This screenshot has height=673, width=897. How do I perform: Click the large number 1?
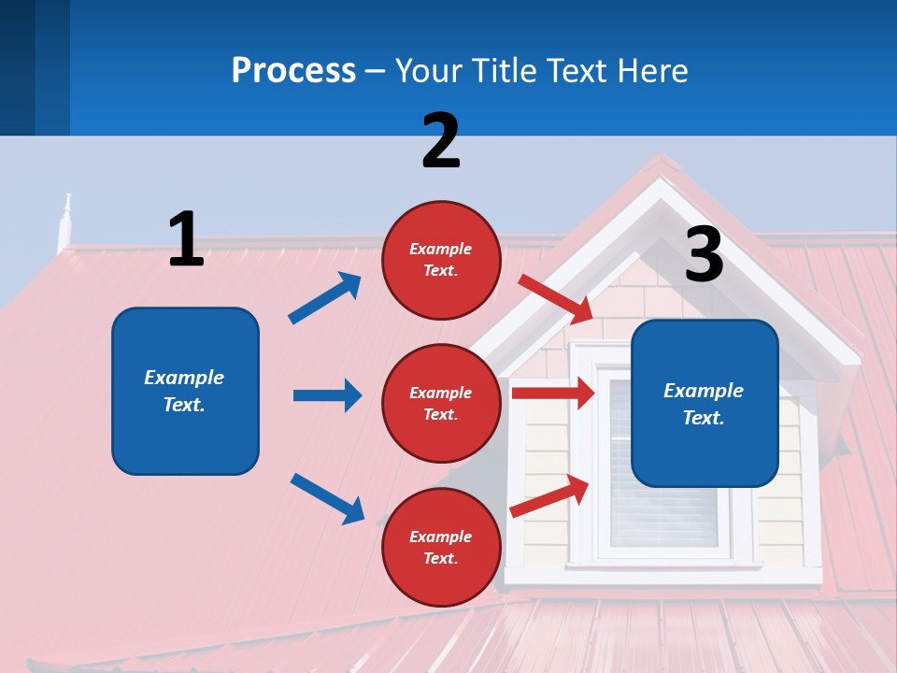186,239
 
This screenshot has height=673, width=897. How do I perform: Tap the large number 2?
440,140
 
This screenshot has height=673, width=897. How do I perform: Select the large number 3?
704,254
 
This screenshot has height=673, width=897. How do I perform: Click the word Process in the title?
293,70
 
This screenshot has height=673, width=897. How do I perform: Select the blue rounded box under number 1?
185,391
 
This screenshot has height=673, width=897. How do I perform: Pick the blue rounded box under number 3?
705,404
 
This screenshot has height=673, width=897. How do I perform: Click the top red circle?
441,260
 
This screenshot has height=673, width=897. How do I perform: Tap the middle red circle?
441,404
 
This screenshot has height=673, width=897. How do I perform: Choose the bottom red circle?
441,548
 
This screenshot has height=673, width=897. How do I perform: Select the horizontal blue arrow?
327,395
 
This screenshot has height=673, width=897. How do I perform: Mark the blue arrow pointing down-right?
328,498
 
